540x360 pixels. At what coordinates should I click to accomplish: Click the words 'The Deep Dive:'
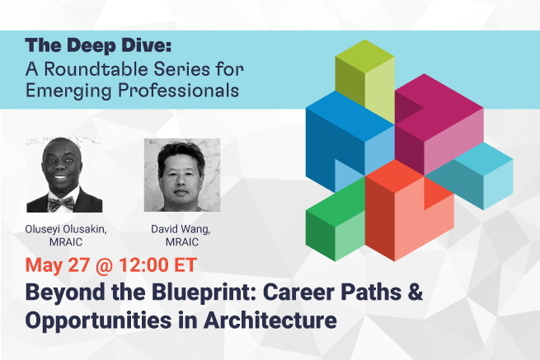[98, 45]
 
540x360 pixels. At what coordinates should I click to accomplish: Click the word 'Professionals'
[178, 91]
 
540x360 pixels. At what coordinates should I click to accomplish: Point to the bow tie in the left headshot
[61, 203]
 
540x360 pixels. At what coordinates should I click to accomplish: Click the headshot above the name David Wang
[182, 175]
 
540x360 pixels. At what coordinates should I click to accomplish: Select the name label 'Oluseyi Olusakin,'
[66, 229]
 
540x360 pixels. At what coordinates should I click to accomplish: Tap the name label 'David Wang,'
[181, 229]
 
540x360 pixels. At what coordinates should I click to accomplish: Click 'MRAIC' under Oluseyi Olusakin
[66, 242]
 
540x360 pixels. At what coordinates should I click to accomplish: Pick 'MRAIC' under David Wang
[182, 242]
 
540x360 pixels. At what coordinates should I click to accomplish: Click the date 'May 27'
[58, 265]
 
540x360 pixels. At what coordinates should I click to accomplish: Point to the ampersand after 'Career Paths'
[416, 292]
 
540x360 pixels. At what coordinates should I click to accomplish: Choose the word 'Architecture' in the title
[270, 320]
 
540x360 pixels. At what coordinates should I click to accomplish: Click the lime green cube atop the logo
[364, 82]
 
